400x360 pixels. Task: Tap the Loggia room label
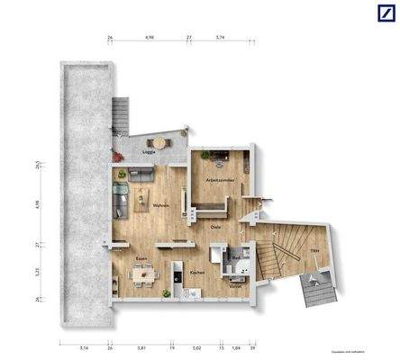(149, 153)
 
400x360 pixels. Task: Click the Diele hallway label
(217, 227)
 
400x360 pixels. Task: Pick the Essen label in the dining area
(141, 258)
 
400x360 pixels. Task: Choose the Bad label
(235, 258)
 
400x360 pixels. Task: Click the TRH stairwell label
(314, 250)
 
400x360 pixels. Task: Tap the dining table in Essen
(141, 275)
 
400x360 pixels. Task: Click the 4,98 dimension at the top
(149, 39)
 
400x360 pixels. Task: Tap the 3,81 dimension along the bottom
(141, 347)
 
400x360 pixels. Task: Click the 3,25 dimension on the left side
(38, 271)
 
